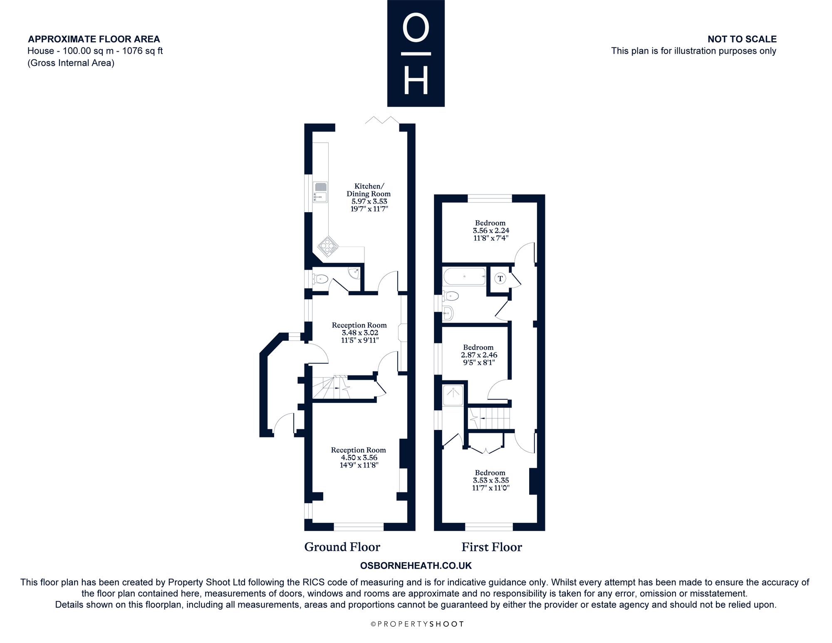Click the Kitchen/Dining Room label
[369, 190]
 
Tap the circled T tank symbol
[500, 278]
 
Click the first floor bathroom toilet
[450, 296]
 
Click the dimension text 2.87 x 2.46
[479, 355]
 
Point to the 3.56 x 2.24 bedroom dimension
[491, 230]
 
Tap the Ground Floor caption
[342, 547]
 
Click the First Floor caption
[492, 547]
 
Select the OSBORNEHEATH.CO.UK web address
[416, 566]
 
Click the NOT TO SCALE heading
[742, 39]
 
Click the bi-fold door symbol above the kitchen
[382, 120]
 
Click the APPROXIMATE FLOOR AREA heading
[94, 39]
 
